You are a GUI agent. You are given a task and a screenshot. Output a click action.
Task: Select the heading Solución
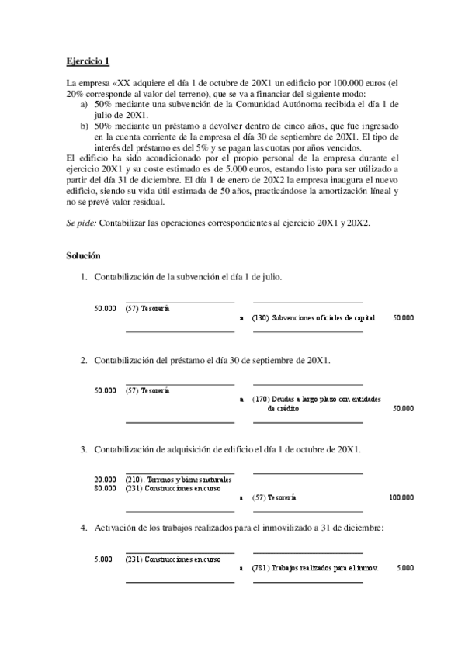pos(84,255)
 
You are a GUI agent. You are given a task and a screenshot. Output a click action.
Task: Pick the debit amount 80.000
pos(106,488)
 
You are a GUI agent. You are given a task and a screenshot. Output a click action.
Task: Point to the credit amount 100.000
pos(401,497)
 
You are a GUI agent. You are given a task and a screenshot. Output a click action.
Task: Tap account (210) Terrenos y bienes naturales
pos(178,480)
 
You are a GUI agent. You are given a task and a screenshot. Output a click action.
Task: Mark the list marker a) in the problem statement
pos(84,102)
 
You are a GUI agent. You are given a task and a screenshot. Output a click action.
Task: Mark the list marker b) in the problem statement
pos(84,123)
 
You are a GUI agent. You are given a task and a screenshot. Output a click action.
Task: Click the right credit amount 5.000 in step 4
pos(404,568)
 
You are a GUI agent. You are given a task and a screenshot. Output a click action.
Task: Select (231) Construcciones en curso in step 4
pos(172,559)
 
